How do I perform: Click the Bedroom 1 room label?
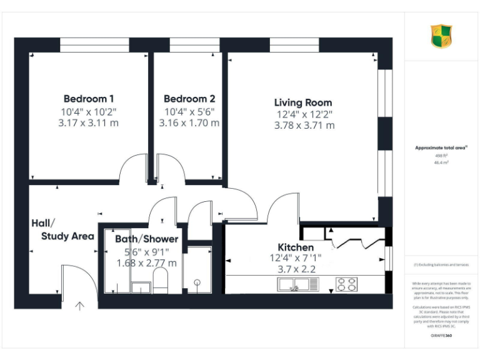click(x=88, y=99)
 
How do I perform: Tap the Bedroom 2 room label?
click(x=189, y=99)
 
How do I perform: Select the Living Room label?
click(x=303, y=102)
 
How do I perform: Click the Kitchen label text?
click(x=292, y=247)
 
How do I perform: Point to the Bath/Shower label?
click(x=146, y=239)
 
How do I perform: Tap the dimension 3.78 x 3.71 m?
click(x=304, y=125)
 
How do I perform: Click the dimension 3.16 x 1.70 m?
click(x=189, y=122)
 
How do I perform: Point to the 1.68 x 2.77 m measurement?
click(x=146, y=263)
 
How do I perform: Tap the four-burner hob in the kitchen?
click(x=346, y=284)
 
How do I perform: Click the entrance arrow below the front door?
click(x=80, y=306)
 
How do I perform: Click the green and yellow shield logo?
click(x=441, y=36)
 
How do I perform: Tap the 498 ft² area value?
click(x=441, y=155)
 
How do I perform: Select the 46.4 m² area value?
click(x=441, y=162)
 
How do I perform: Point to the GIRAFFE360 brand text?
click(x=441, y=336)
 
